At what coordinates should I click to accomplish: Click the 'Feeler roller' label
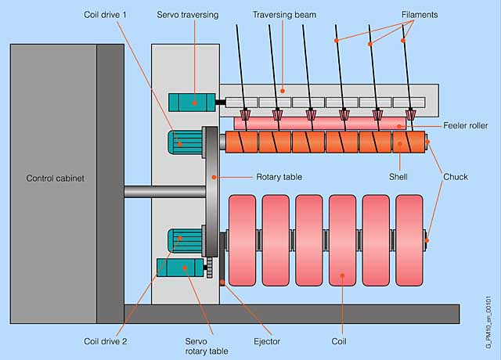[x=465, y=126]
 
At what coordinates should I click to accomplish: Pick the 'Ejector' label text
[x=266, y=342]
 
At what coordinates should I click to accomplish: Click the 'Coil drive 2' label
[x=106, y=342]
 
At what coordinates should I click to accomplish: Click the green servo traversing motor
[x=188, y=102]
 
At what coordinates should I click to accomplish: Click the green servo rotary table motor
[x=179, y=268]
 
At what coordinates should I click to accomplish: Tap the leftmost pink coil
[x=241, y=241]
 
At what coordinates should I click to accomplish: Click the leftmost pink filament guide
[x=246, y=115]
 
